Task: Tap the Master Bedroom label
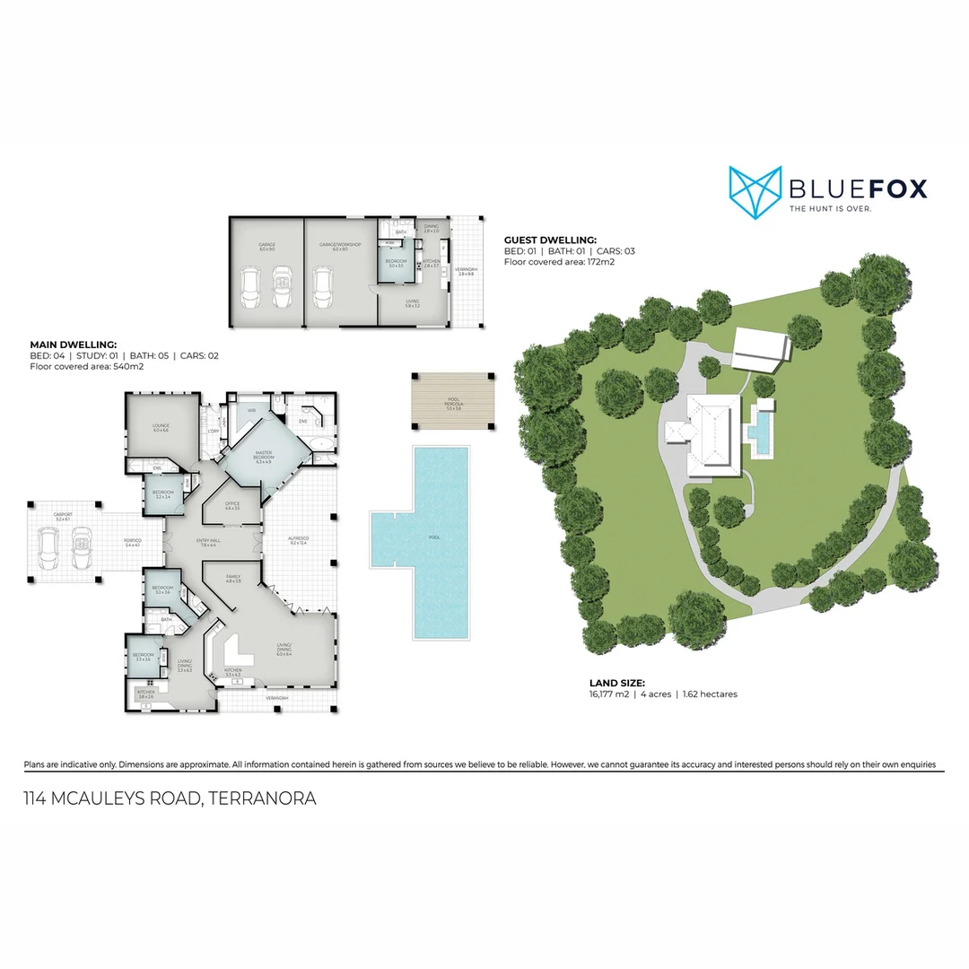pyautogui.click(x=264, y=455)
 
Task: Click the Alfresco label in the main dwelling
pyautogui.click(x=299, y=540)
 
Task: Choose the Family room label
pyautogui.click(x=233, y=579)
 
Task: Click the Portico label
pyautogui.click(x=132, y=542)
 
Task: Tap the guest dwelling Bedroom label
pyautogui.click(x=396, y=262)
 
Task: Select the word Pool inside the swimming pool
pyautogui.click(x=435, y=537)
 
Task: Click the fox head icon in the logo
pyautogui.click(x=754, y=190)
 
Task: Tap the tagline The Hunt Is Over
pyautogui.click(x=830, y=209)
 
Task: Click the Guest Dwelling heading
pyautogui.click(x=550, y=240)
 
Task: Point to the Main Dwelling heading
pyautogui.click(x=74, y=344)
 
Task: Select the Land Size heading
pyautogui.click(x=616, y=683)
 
